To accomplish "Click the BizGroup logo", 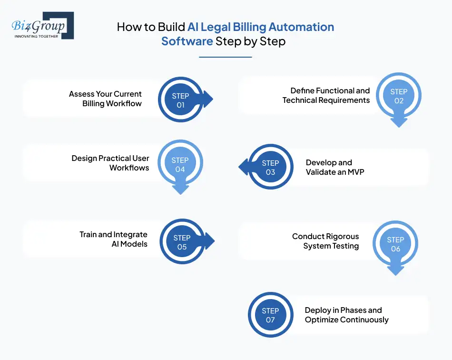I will [42, 26].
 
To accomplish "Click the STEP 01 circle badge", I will [180, 100].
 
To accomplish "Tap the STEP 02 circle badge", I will [399, 96].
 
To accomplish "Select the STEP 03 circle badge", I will [270, 167].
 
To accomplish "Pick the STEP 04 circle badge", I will [180, 164].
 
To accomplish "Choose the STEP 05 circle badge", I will [182, 242].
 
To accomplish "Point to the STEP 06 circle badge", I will [395, 244].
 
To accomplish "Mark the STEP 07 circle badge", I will [270, 315].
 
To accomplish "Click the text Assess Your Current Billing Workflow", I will [106, 99].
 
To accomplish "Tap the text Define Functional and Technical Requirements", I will [326, 95].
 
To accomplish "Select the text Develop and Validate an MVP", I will [335, 167].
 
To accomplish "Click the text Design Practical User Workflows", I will [110, 163].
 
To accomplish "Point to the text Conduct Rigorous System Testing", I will [325, 241].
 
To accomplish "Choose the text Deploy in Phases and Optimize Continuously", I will [346, 315].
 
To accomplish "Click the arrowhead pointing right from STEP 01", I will [207, 100].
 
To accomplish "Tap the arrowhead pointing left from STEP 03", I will [243, 167].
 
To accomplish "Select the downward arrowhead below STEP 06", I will [395, 270].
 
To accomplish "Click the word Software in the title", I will [187, 41].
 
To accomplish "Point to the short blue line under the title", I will [225, 57].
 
